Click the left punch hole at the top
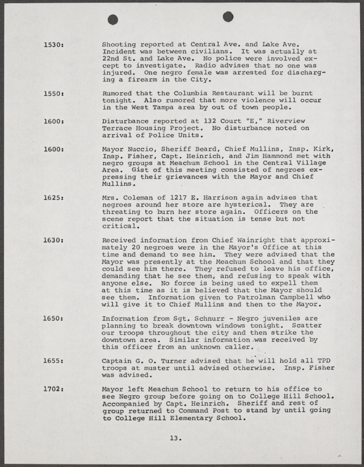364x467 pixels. (x=113, y=19)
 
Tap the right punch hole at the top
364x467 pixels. (x=228, y=16)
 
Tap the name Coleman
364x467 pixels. (x=141, y=197)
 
